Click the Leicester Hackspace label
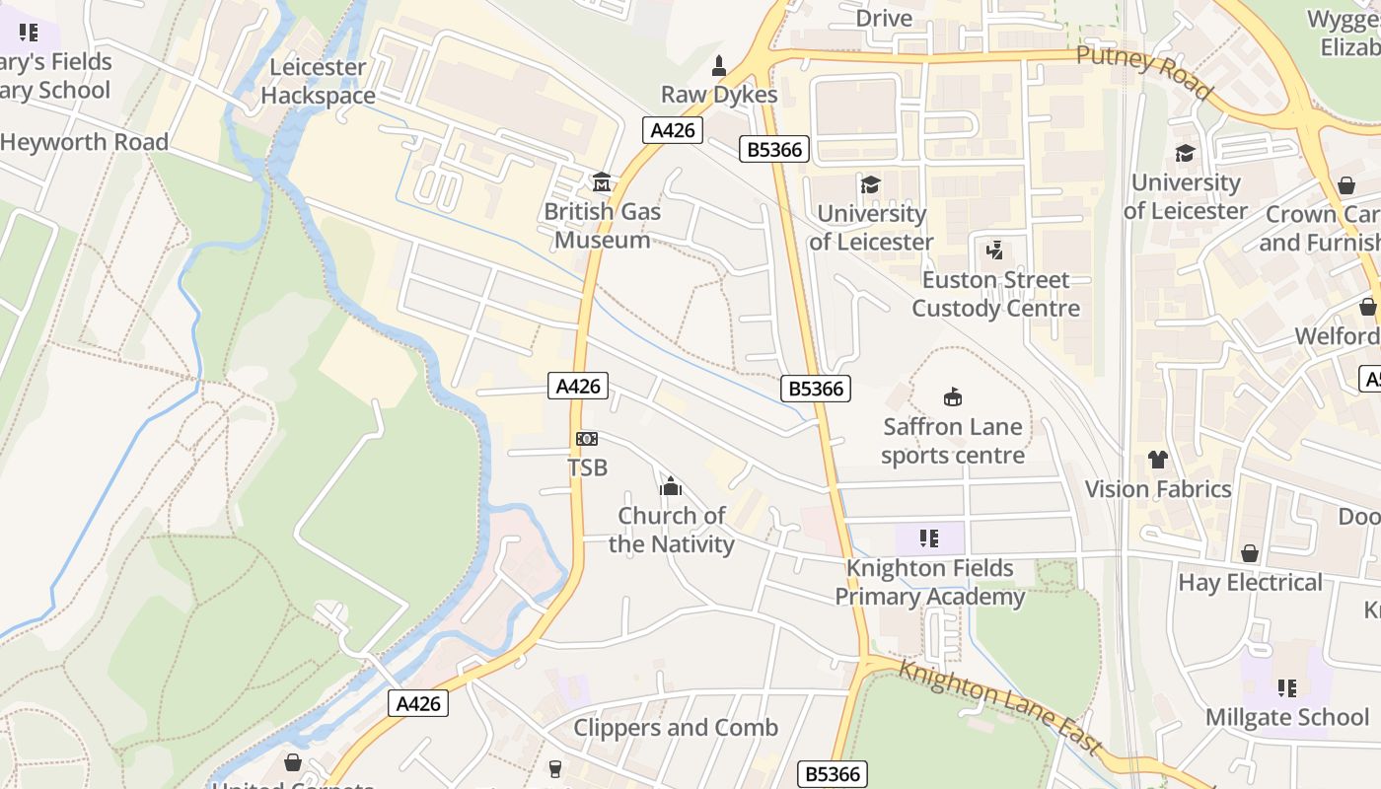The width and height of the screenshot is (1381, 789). click(x=318, y=82)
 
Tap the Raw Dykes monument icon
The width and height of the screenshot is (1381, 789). click(x=719, y=67)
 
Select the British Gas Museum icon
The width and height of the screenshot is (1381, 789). click(x=602, y=182)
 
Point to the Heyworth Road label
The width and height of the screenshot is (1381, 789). click(x=85, y=142)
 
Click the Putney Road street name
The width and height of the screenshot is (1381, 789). click(x=1144, y=72)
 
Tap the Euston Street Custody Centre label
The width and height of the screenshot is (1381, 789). click(x=995, y=294)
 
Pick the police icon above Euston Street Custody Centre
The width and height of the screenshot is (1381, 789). click(x=994, y=251)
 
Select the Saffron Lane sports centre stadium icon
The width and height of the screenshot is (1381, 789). click(x=953, y=397)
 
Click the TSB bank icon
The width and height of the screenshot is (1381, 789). click(x=587, y=439)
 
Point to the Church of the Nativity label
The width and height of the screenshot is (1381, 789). click(x=672, y=530)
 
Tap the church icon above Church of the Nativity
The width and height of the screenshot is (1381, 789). click(x=671, y=486)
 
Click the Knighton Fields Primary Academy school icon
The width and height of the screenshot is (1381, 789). click(x=929, y=538)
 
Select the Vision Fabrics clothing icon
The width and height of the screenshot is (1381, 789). click(x=1157, y=460)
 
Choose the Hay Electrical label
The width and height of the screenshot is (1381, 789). click(x=1250, y=583)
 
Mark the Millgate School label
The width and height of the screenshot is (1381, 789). click(x=1287, y=717)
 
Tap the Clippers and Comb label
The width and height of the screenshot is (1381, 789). click(x=676, y=728)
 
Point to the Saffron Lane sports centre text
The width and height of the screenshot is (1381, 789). click(x=953, y=441)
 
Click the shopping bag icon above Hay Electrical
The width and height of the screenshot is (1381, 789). click(x=1250, y=553)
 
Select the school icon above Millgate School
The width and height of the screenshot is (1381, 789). click(x=1287, y=687)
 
